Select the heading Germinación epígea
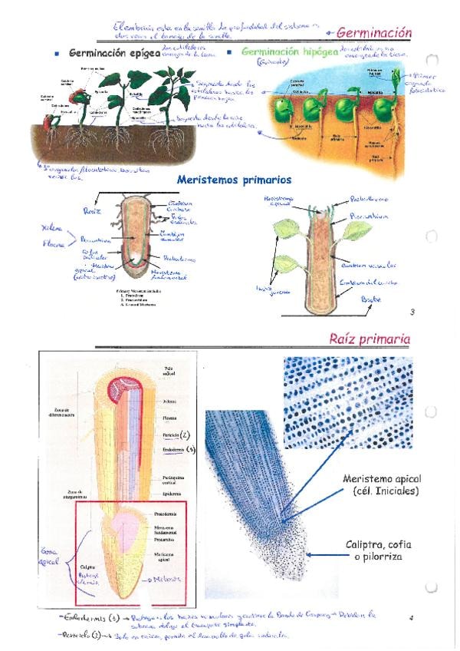[x=113, y=54]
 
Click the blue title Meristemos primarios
[x=233, y=179]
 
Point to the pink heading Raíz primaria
[x=370, y=339]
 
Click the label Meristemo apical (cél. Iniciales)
[x=381, y=484]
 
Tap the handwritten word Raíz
[x=91, y=207]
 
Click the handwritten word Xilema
[x=51, y=229]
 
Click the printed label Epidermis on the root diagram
[x=172, y=493]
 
